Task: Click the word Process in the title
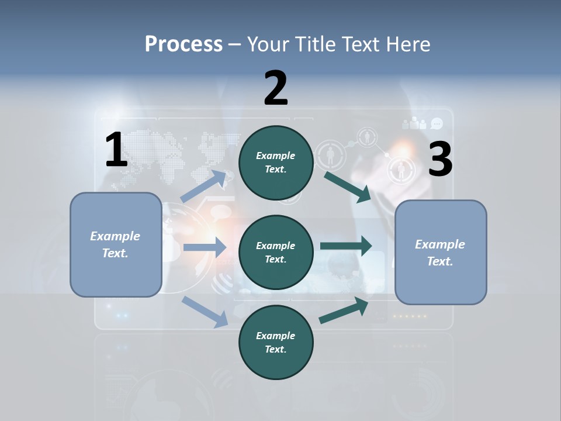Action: point(183,44)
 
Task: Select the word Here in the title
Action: point(408,44)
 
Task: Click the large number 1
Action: point(116,150)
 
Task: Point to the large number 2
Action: point(276,88)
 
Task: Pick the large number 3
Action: point(440,160)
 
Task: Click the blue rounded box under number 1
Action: point(116,244)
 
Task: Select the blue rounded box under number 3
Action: point(441,253)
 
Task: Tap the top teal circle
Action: point(276,162)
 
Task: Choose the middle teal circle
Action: point(276,252)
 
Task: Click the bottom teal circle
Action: point(276,342)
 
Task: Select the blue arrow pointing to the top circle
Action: point(203,187)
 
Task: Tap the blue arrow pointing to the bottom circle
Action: point(205,312)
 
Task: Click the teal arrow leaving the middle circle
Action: point(346,246)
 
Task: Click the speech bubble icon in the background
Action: point(437,123)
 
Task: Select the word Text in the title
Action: point(366,44)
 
